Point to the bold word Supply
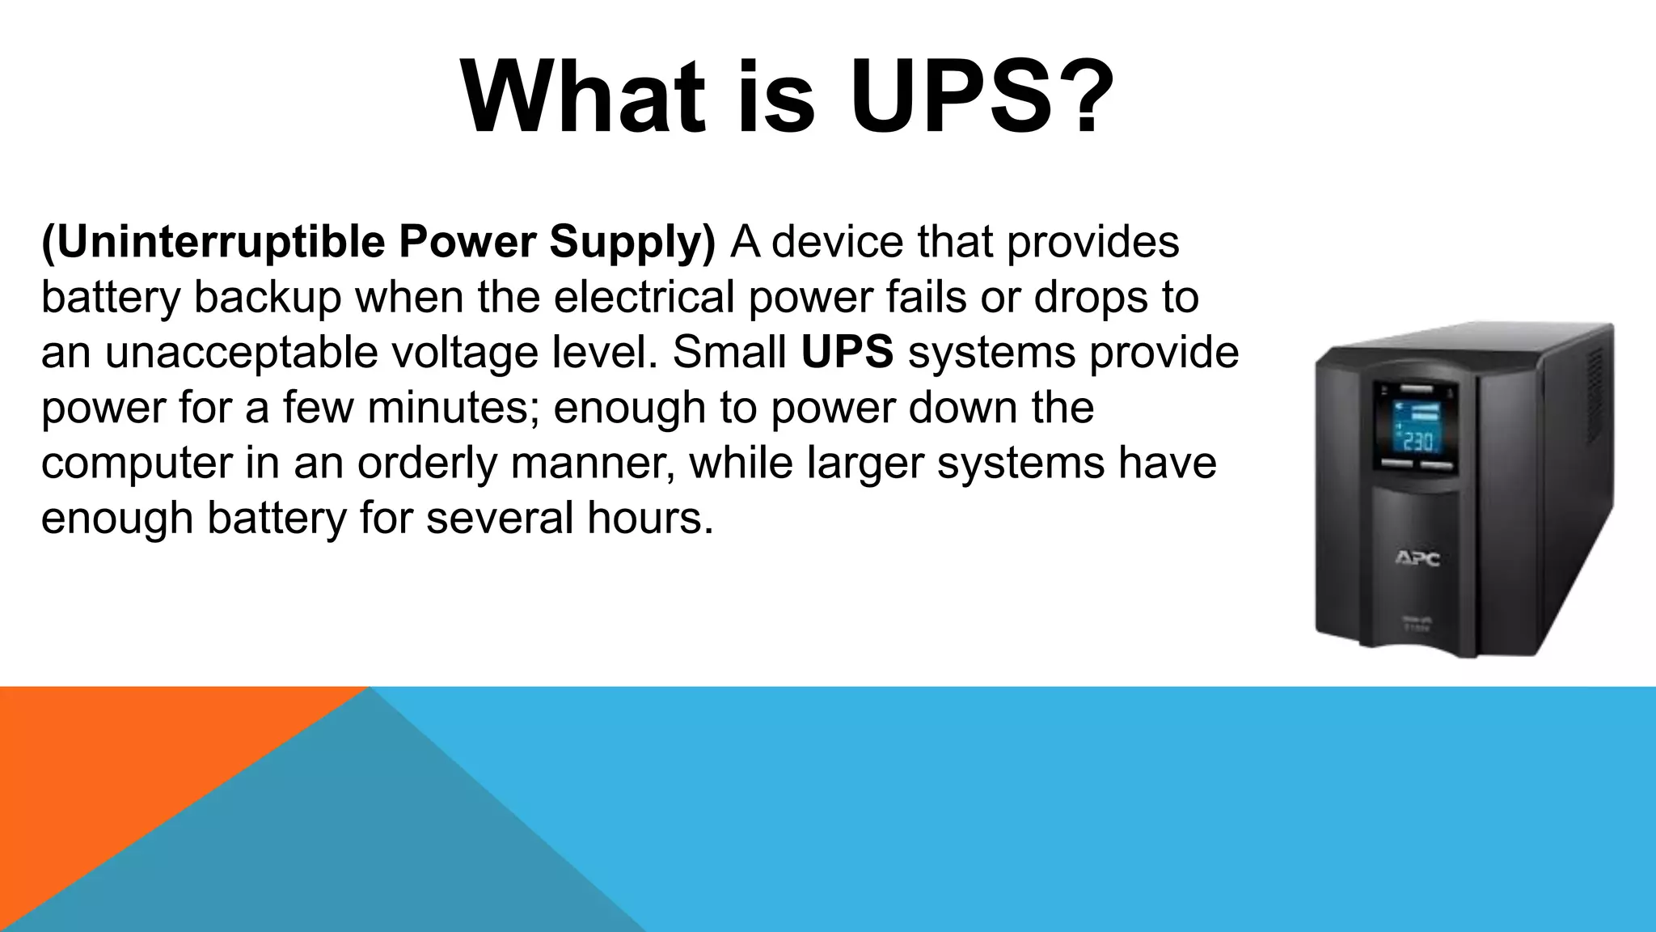coord(631,242)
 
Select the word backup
coord(268,297)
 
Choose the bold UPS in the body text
coord(847,352)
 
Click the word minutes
coord(452,407)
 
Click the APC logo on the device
coord(1417,558)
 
